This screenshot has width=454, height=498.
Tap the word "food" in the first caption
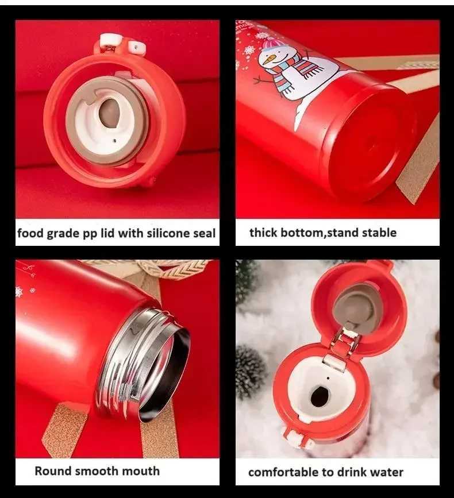[29, 233]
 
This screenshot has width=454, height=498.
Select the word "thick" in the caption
[264, 233]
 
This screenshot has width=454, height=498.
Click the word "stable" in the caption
[376, 233]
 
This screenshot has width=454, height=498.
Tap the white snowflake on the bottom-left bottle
[19, 292]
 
